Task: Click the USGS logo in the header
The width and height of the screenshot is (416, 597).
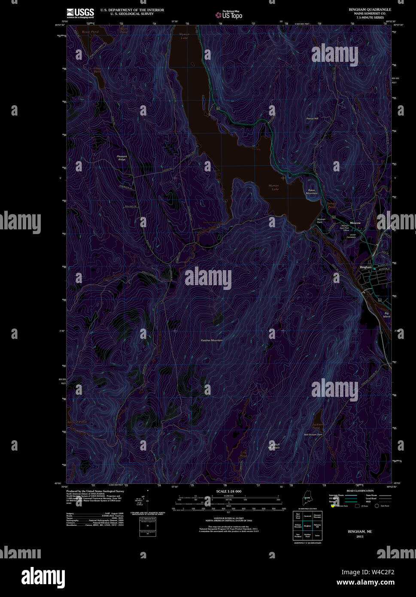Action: (x=80, y=12)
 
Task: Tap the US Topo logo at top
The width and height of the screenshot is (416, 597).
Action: (x=229, y=15)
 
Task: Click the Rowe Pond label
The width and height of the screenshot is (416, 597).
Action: (x=91, y=32)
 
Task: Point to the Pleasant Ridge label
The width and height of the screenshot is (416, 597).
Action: (x=122, y=158)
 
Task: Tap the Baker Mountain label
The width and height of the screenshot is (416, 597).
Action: (x=312, y=192)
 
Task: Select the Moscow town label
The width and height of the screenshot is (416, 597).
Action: (x=355, y=223)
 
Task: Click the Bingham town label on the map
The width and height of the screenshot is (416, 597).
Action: (x=365, y=267)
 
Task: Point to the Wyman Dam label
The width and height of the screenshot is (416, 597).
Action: (x=321, y=220)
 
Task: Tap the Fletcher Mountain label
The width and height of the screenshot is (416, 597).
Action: (x=212, y=340)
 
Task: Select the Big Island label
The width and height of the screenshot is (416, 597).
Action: (x=387, y=314)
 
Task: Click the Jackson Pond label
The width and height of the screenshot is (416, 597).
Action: (x=318, y=426)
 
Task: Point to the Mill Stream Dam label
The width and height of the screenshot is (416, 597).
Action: (x=313, y=435)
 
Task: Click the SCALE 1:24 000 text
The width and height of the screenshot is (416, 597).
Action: (x=228, y=491)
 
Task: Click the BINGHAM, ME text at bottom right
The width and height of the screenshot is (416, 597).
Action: (x=360, y=531)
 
